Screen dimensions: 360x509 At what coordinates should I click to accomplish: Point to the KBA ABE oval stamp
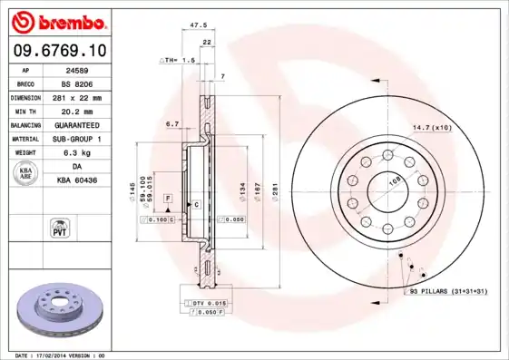click(x=27, y=174)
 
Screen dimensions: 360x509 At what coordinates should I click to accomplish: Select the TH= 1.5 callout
click(x=178, y=60)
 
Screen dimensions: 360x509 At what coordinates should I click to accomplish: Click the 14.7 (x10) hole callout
click(x=433, y=128)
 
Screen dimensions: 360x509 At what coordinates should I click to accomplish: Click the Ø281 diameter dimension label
click(x=273, y=191)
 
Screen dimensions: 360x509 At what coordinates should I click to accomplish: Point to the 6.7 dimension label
click(x=171, y=123)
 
